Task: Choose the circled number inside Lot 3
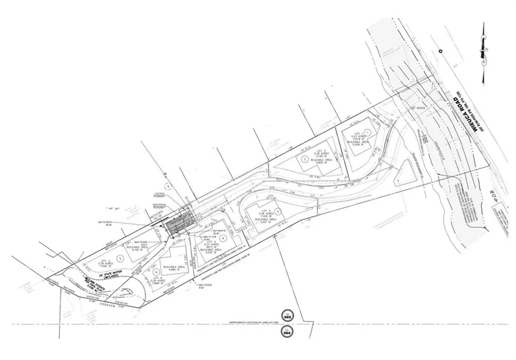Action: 121,257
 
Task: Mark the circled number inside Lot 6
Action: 156,271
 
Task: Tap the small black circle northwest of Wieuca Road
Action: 440,51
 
